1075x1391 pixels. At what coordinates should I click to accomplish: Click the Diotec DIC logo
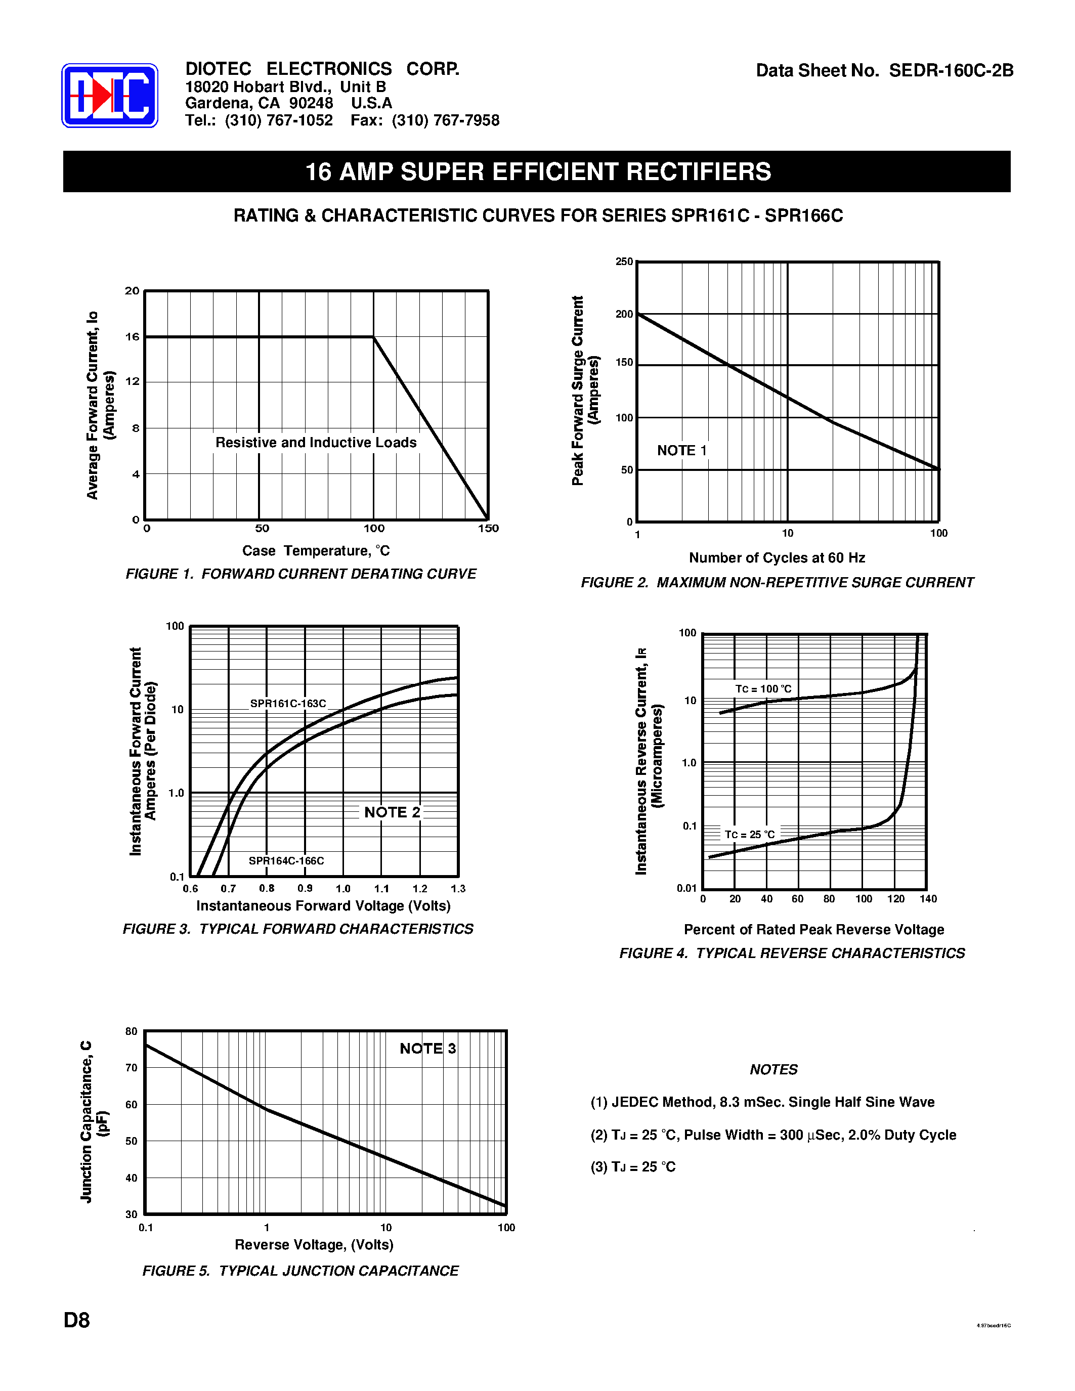[110, 96]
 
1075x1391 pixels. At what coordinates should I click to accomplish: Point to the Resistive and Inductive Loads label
[316, 443]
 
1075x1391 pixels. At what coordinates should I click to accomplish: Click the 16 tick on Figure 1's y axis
[132, 337]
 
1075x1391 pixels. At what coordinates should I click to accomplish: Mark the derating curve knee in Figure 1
[374, 337]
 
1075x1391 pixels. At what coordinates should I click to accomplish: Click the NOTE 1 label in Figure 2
[681, 450]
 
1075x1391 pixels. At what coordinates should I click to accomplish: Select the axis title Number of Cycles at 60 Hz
[777, 558]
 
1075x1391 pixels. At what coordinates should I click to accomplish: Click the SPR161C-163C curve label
[288, 704]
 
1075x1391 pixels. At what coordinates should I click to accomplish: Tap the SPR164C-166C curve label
[286, 861]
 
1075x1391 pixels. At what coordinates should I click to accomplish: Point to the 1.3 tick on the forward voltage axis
[458, 889]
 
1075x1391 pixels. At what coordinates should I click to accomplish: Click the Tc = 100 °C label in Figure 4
[763, 689]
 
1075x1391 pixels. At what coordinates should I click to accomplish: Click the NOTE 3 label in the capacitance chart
[427, 1049]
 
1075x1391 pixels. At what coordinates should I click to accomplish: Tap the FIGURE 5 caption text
[300, 1271]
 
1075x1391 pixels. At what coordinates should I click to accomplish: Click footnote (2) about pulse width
[773, 1135]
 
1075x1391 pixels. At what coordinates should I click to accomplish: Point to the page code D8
[77, 1320]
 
